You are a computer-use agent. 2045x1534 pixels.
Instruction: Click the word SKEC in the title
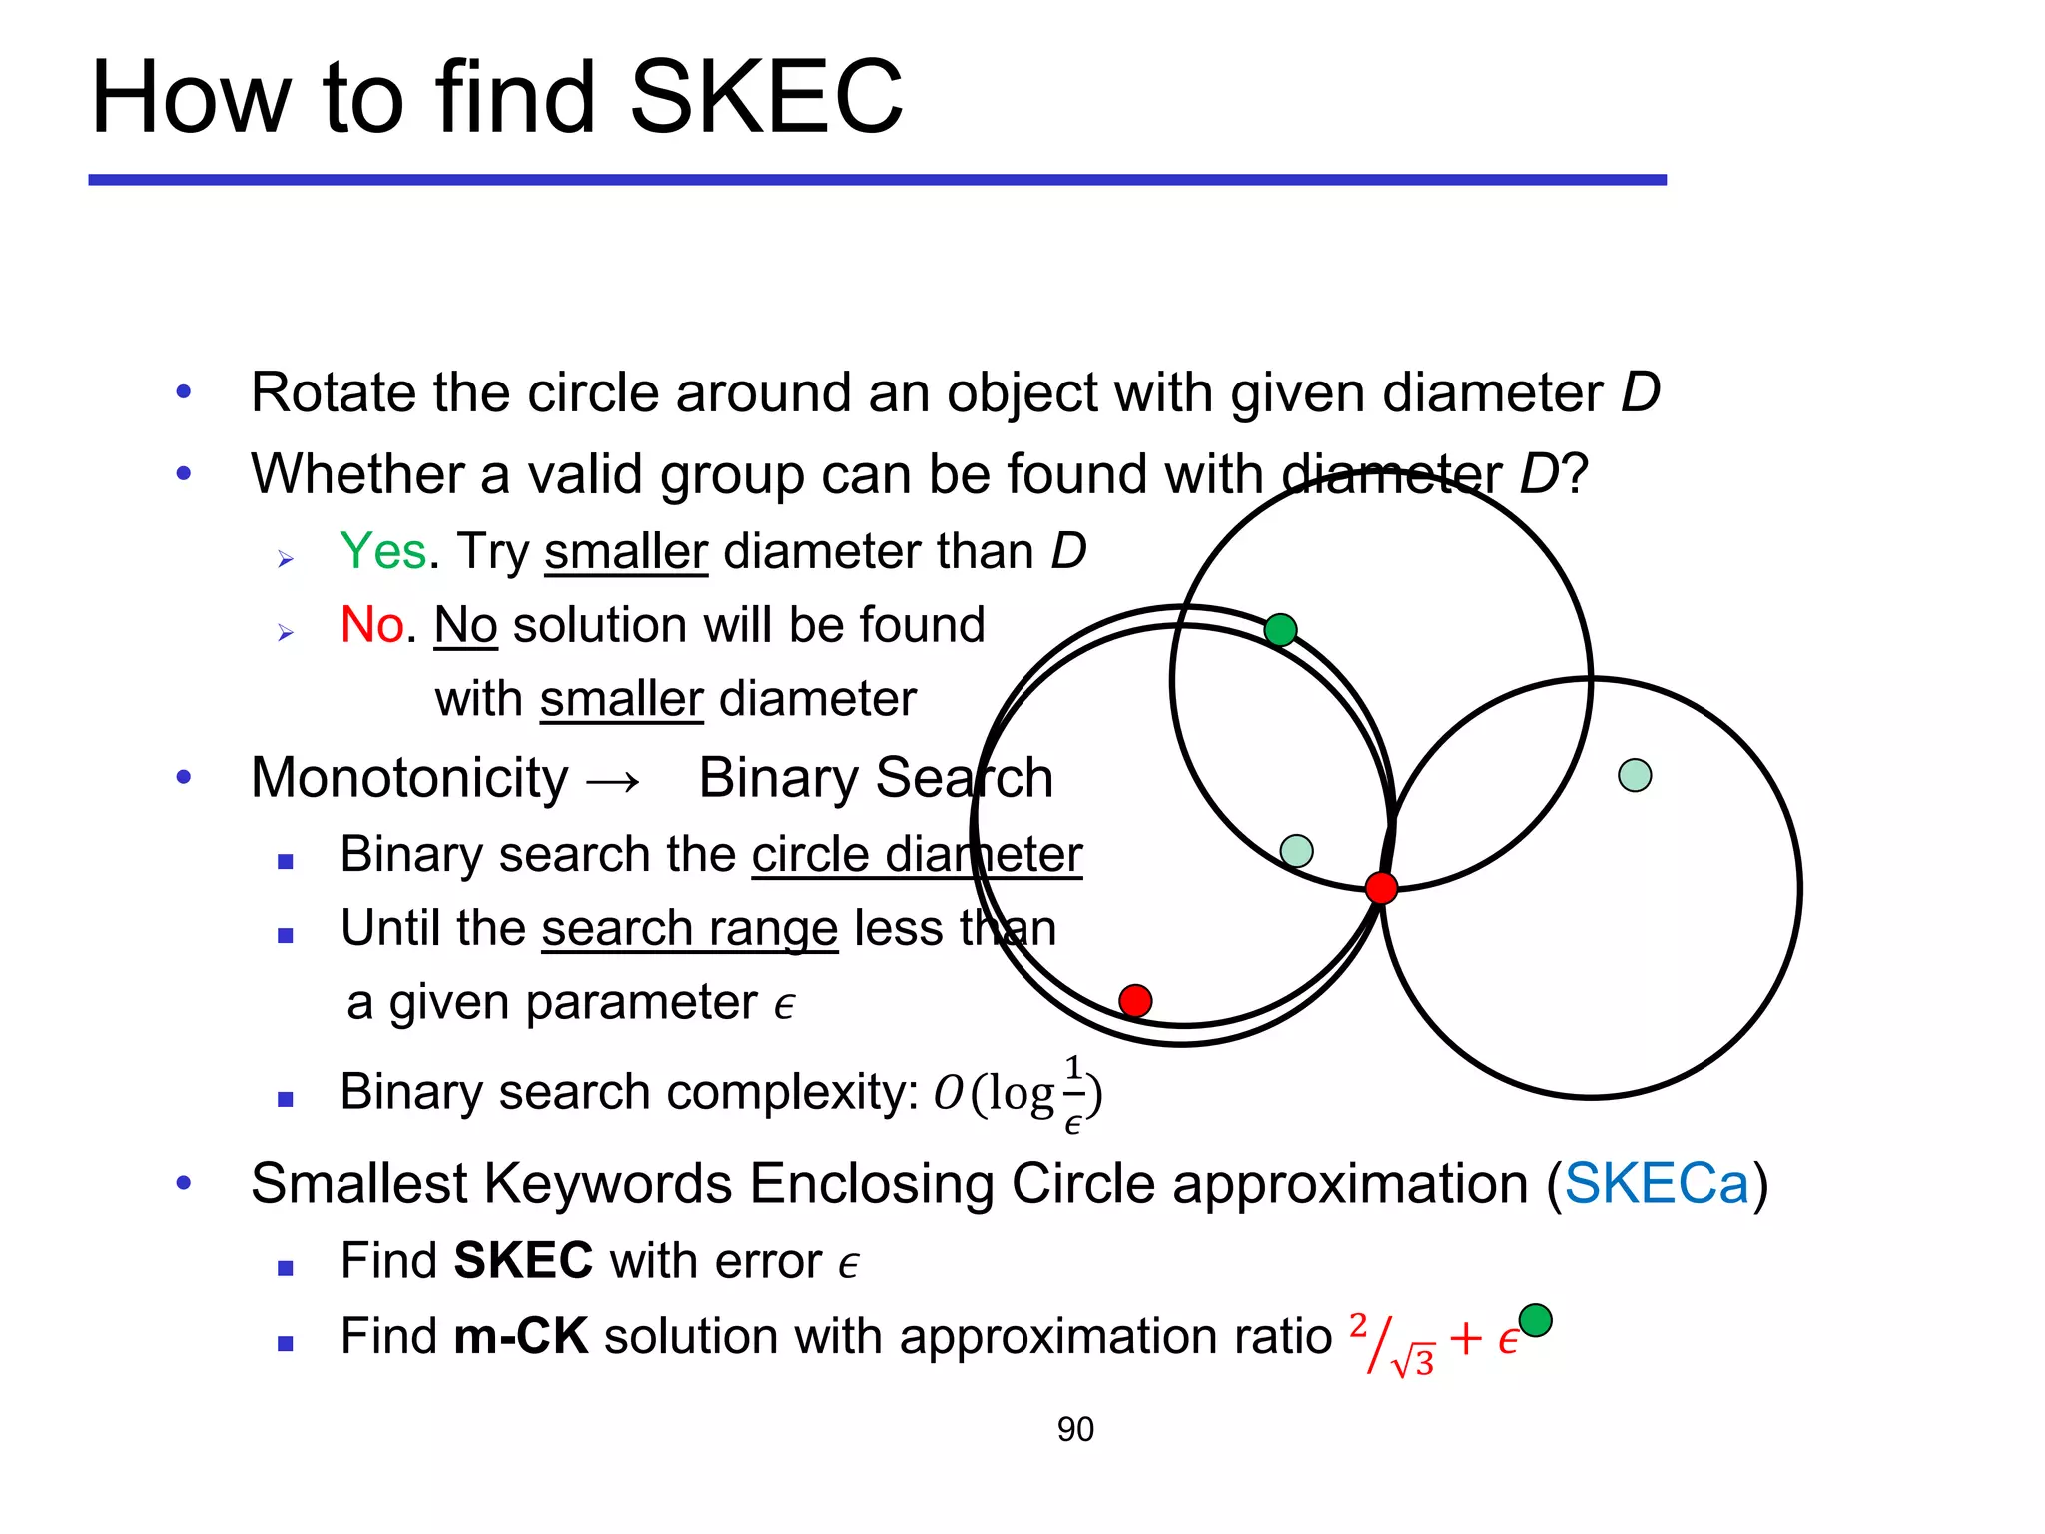point(766,97)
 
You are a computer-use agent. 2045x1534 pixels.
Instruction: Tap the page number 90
point(1075,1429)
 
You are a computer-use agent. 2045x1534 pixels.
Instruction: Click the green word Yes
point(383,551)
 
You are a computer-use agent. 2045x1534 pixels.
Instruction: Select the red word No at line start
point(372,625)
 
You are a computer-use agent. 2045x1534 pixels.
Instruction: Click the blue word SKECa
point(1657,1184)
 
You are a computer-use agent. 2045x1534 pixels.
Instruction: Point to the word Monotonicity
point(409,778)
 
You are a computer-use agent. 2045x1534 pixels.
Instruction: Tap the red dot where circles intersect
point(1381,887)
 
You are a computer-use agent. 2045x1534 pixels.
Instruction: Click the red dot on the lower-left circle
point(1135,1000)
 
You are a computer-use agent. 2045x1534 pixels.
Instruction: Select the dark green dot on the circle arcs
point(1280,630)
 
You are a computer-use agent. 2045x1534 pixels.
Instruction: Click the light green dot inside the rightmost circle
point(1635,775)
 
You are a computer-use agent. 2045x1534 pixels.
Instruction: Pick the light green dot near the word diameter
point(1296,851)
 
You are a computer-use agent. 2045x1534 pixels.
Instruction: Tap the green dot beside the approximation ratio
point(1535,1320)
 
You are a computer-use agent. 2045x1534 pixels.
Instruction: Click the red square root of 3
point(1414,1361)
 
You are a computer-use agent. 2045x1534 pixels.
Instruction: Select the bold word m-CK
point(520,1336)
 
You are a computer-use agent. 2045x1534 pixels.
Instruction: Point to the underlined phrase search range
point(689,928)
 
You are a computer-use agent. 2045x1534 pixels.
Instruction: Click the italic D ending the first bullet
point(1640,392)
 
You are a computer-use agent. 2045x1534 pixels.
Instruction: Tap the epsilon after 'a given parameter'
point(785,1005)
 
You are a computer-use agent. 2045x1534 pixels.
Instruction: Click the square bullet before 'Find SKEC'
point(286,1268)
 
